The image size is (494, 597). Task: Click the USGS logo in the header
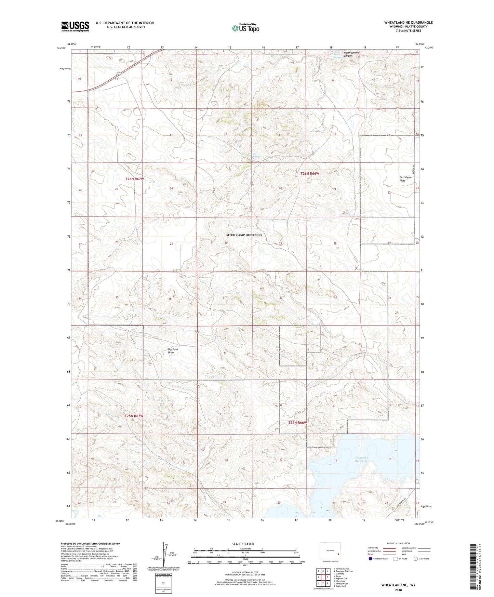click(x=75, y=26)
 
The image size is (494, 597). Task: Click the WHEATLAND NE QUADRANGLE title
click(x=408, y=23)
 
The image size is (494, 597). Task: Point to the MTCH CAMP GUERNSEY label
click(x=244, y=235)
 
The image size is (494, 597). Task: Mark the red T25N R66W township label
click(x=297, y=423)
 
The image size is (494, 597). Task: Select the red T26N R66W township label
click(x=309, y=174)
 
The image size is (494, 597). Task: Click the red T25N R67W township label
click(x=134, y=416)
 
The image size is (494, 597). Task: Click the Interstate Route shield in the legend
click(x=371, y=559)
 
